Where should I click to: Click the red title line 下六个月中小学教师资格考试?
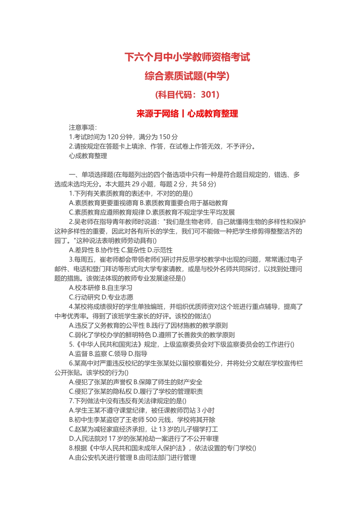click(187, 57)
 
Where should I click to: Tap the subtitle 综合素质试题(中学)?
click(187, 76)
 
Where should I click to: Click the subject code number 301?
click(210, 94)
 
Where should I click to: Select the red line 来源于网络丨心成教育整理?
click(187, 113)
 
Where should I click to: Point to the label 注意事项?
click(83, 128)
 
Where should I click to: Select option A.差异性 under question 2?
click(81, 250)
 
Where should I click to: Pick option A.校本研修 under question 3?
click(85, 288)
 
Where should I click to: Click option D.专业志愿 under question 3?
click(117, 297)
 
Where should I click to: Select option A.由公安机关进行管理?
click(100, 457)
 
